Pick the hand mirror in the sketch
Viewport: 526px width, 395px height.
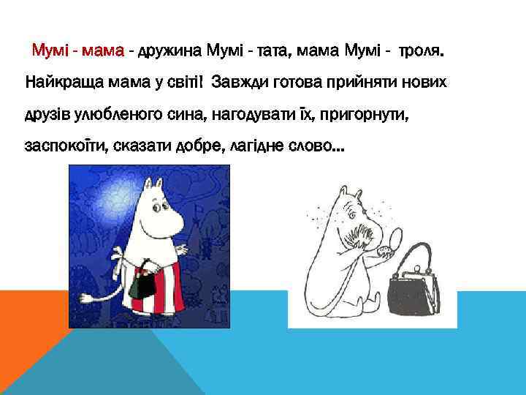pyautogui.click(x=394, y=241)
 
